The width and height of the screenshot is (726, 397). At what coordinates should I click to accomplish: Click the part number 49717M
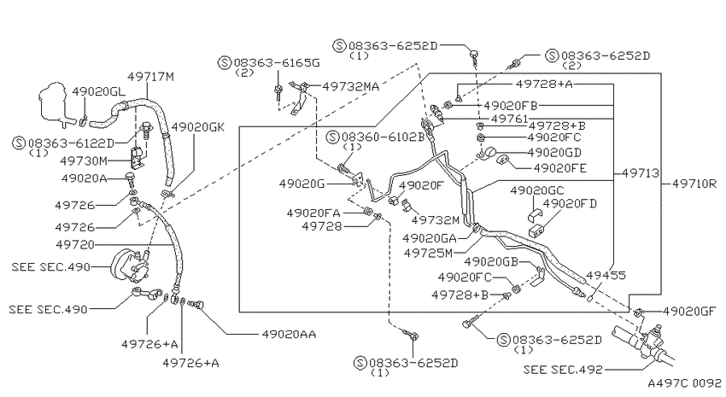tap(150, 76)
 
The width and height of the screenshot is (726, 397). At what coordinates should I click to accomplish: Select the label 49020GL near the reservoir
tap(98, 91)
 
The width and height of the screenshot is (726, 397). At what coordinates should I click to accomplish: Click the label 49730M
tap(84, 161)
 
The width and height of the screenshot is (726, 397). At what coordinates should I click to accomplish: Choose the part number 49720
tap(75, 244)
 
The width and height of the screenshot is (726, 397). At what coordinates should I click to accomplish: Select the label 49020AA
tap(289, 334)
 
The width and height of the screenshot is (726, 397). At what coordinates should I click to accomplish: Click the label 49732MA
tap(351, 86)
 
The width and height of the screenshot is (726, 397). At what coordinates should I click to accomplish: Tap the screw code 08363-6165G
tap(277, 62)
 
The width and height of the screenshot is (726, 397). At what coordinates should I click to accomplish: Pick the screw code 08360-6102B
tap(383, 137)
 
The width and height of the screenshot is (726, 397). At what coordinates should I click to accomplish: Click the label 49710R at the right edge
tap(694, 184)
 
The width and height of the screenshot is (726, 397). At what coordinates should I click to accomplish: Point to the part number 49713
tap(641, 173)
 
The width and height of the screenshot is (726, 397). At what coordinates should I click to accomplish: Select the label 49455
tap(606, 275)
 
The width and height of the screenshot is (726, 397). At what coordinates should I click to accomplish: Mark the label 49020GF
tap(690, 312)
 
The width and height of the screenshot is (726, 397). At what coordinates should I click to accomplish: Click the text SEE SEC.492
tap(563, 370)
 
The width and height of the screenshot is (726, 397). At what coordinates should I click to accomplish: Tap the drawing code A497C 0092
tap(684, 383)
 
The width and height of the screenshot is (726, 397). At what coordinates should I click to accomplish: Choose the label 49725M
tap(428, 253)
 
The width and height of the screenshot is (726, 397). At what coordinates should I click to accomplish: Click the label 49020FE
tap(560, 167)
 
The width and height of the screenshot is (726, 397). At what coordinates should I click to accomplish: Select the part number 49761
tap(509, 119)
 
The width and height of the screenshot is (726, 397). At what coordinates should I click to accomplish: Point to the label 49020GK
tap(197, 127)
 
